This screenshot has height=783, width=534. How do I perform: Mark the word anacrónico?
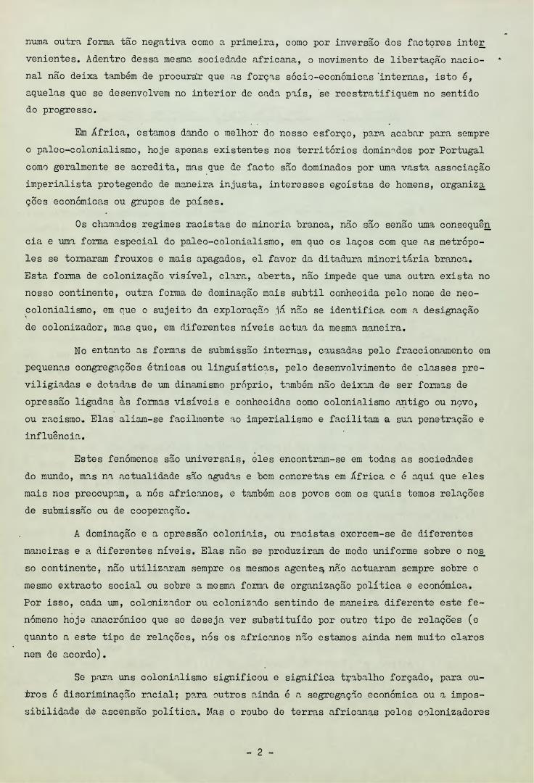tap(151, 619)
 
